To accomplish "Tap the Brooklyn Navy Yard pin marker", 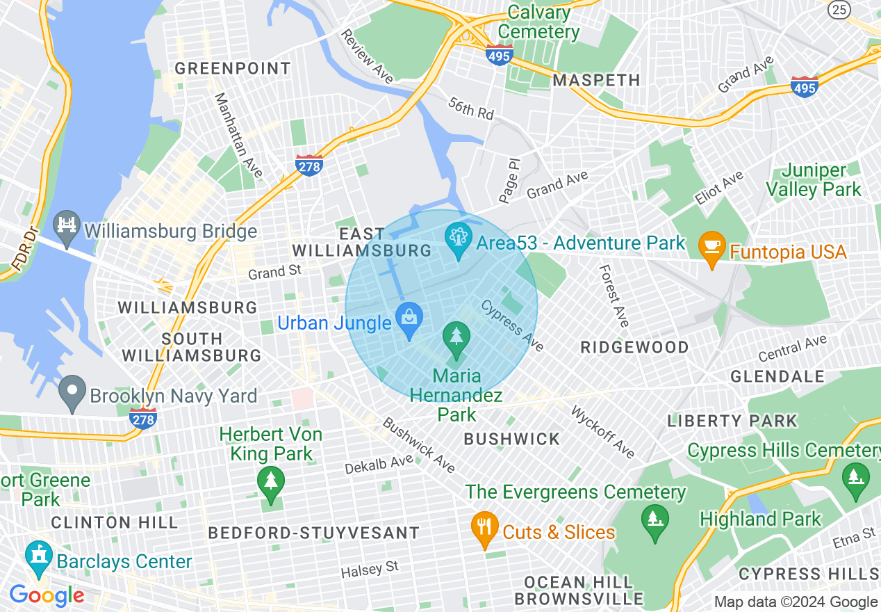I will [72, 394].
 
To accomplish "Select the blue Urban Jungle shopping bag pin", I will [409, 321].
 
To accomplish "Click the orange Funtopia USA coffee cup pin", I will [712, 249].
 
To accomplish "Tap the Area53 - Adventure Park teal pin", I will [459, 241].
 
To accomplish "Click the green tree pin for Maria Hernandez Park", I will [456, 340].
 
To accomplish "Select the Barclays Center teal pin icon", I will [39, 558].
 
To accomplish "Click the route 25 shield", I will [840, 9].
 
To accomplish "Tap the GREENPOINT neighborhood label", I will [233, 68].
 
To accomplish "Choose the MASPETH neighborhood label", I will [596, 80].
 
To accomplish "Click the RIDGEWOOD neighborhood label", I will [635, 347].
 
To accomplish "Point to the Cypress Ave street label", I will [513, 325].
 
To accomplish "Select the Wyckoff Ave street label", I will [602, 431].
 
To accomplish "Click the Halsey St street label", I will [370, 570].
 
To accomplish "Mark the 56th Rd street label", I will [470, 108].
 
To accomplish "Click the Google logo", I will [47, 595].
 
